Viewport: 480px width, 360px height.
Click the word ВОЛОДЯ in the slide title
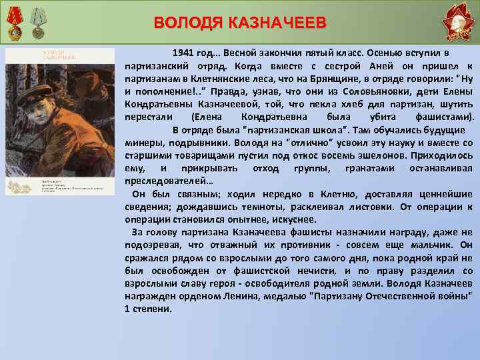pos(189,23)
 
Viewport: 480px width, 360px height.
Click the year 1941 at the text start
pos(185,52)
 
